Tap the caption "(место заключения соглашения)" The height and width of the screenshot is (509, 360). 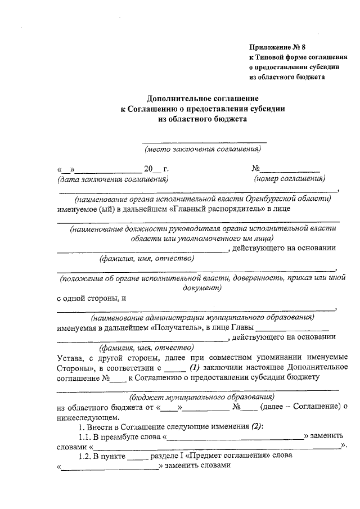tap(202, 149)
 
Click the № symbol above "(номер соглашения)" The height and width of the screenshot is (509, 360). tap(255, 168)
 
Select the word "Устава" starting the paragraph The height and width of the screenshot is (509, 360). tap(71, 357)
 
